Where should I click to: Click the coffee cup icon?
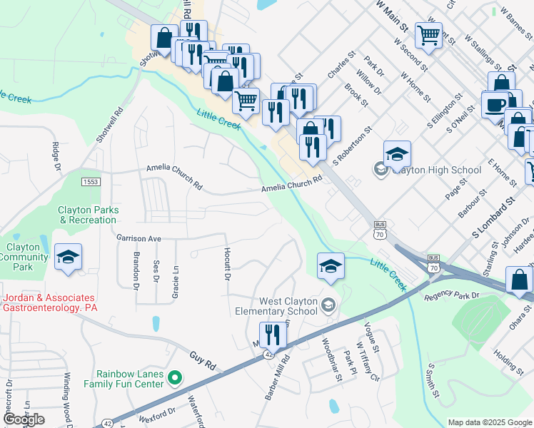[495, 105]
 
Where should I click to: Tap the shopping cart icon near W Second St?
[428, 34]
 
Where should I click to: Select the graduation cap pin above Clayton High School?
[397, 152]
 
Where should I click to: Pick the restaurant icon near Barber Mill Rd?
[272, 333]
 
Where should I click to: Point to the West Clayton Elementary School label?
[278, 306]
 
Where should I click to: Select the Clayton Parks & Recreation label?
[89, 215]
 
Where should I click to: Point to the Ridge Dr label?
[55, 156]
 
